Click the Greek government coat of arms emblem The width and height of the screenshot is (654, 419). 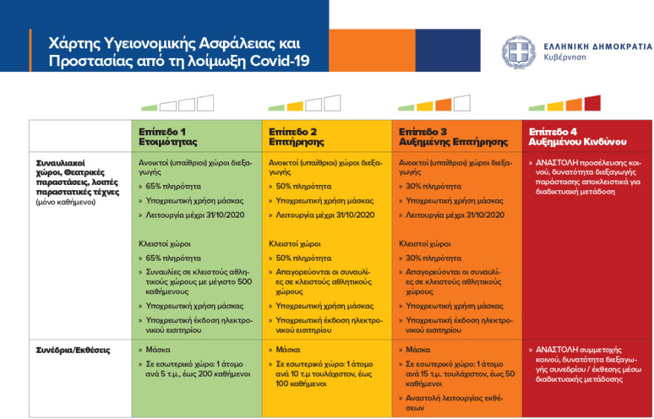[518, 52]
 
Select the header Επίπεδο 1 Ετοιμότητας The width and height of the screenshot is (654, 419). [168, 135]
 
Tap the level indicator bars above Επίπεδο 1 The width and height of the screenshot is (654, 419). [177, 103]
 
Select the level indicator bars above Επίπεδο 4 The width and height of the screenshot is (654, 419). [565, 103]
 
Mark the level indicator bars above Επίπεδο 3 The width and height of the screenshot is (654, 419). [436, 103]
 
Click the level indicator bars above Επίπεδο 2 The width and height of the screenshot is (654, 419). [305, 103]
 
